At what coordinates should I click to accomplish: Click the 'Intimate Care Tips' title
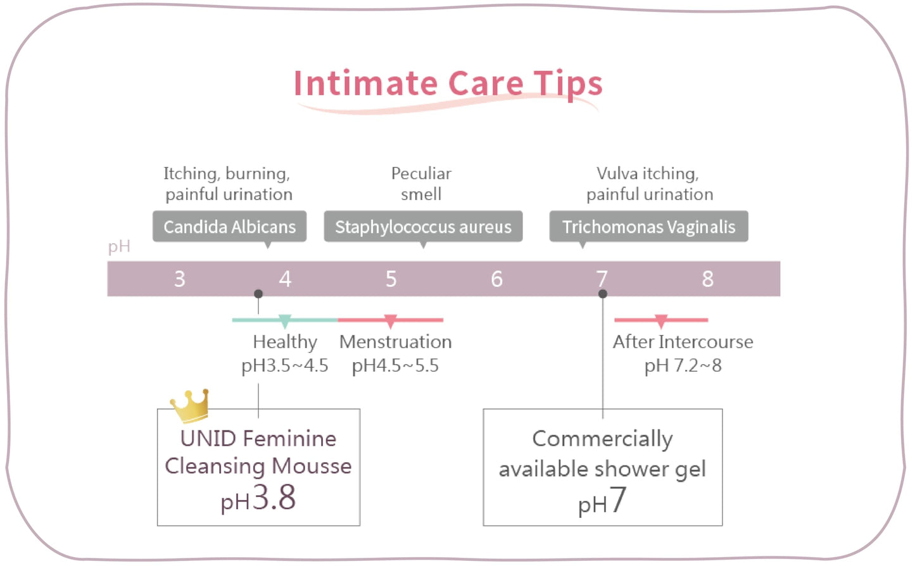click(448, 84)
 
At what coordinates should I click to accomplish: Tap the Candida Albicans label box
click(230, 227)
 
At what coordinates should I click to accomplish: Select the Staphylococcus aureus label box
click(423, 227)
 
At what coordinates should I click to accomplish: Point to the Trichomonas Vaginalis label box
click(648, 227)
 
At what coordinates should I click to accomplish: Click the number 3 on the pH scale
click(180, 279)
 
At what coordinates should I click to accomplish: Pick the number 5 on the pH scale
click(391, 279)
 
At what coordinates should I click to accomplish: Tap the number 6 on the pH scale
click(496, 279)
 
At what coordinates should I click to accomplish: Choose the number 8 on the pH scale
click(708, 279)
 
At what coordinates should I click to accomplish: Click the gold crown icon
click(190, 405)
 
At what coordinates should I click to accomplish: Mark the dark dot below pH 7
click(603, 294)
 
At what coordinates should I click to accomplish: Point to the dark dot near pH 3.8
click(258, 294)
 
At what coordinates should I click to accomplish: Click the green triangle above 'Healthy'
click(285, 321)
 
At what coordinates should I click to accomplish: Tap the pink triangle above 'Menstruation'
click(391, 321)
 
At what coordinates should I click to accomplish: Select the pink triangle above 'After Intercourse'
click(661, 321)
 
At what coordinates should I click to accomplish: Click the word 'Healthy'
click(285, 343)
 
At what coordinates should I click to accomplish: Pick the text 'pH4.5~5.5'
click(395, 365)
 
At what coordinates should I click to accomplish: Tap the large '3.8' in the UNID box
click(274, 497)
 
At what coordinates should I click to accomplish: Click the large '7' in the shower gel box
click(617, 499)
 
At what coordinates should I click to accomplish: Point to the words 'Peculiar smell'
click(421, 184)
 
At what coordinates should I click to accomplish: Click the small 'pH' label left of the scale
click(119, 247)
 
